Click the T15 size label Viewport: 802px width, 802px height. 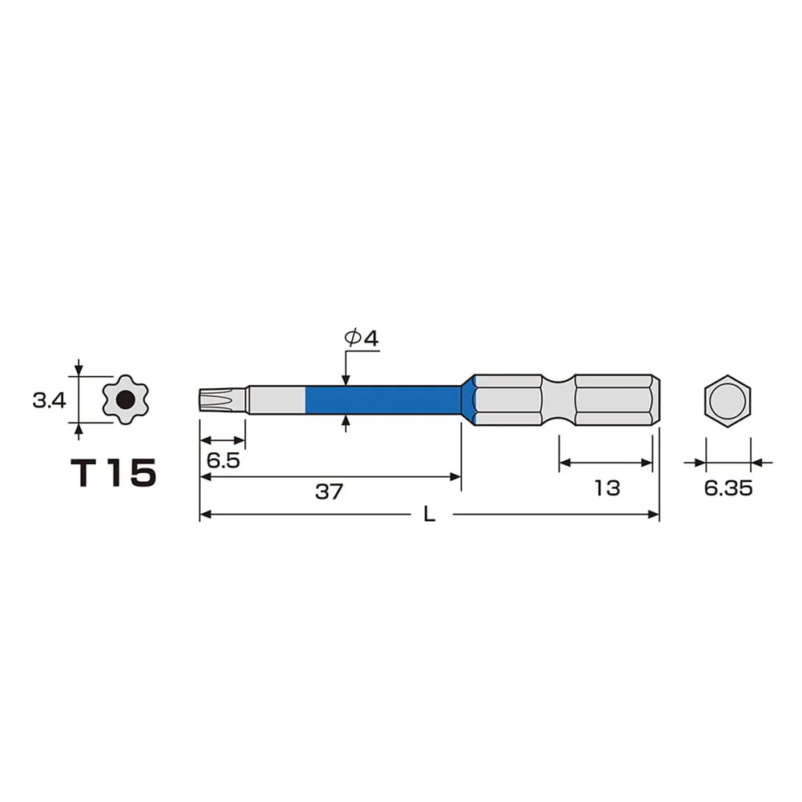[x=113, y=472]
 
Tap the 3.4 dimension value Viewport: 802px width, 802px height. [x=49, y=400]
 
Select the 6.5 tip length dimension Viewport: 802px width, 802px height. [x=223, y=460]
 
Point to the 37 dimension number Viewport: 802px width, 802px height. [x=329, y=491]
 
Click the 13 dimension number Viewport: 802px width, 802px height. [x=607, y=488]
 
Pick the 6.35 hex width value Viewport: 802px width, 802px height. [x=728, y=488]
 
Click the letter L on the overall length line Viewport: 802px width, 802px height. [x=429, y=514]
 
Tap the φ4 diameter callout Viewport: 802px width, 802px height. [x=362, y=338]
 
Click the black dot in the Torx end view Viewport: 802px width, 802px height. [x=126, y=399]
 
